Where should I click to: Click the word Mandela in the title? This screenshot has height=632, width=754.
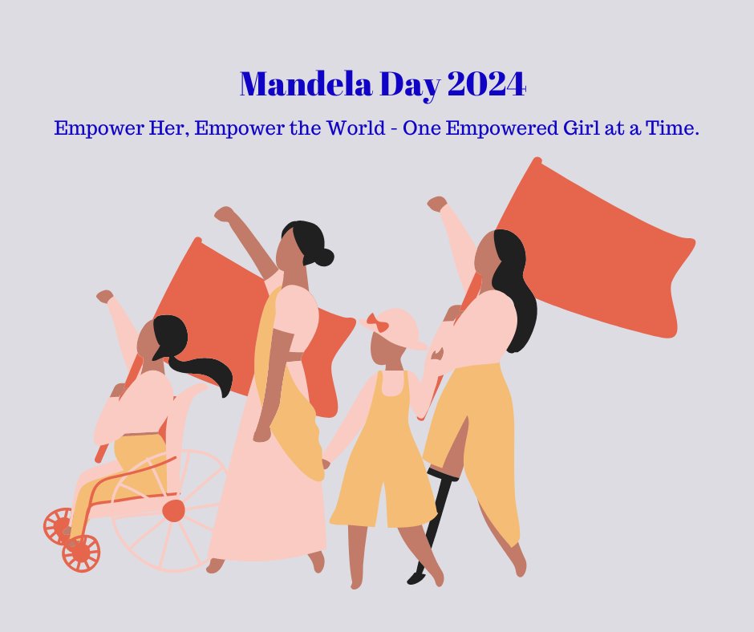pos(306,83)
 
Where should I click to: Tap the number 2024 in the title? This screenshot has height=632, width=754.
pos(486,83)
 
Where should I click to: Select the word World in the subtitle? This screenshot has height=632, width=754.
pos(356,128)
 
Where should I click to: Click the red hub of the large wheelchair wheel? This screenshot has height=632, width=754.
pos(173,511)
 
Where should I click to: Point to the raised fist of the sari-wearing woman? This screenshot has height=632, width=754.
pos(224,214)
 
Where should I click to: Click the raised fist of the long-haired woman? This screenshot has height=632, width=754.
pos(437,203)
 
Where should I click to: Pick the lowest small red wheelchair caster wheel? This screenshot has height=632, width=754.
pos(81,553)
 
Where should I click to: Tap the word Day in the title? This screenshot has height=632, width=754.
pos(410,85)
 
